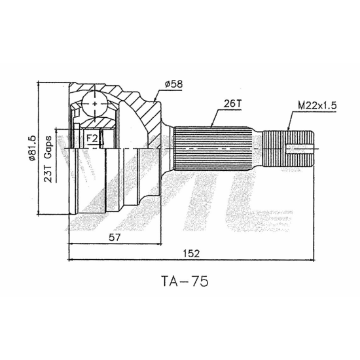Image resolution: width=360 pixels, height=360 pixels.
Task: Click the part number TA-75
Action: tap(185, 281)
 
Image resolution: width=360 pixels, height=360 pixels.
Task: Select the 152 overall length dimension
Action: tap(192, 253)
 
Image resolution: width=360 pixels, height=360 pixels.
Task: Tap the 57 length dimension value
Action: tap(115, 238)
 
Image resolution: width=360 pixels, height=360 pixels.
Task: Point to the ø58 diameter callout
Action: tap(174, 84)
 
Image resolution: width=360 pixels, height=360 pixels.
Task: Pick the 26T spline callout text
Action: tap(232, 104)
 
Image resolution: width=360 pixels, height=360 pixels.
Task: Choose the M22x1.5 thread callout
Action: tap(317, 105)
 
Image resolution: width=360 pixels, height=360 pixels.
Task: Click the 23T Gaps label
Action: tap(48, 159)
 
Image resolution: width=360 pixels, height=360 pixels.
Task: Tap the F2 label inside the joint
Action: tap(92, 139)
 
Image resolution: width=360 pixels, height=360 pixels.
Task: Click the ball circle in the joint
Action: tap(95, 104)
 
